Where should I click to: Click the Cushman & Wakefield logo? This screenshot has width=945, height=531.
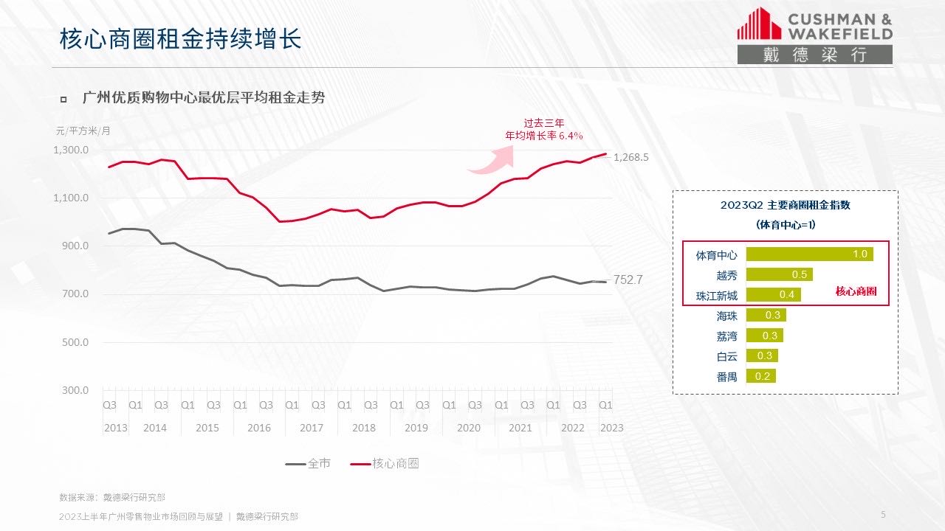click(x=814, y=35)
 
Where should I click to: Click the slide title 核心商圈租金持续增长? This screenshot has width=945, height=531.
click(x=180, y=39)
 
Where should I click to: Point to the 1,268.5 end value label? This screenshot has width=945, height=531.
click(x=630, y=157)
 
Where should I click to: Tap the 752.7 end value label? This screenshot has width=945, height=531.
click(x=628, y=280)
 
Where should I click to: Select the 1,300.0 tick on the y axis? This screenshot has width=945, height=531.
click(x=71, y=150)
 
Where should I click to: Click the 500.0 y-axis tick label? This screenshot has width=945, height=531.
click(x=75, y=342)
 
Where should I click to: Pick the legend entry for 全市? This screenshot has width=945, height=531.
click(x=308, y=464)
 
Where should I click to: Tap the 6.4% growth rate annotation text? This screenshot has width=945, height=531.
click(x=544, y=136)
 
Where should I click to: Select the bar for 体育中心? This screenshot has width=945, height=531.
click(x=809, y=254)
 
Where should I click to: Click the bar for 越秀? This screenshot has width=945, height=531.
click(x=779, y=274)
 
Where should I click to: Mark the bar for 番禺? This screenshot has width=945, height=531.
click(x=760, y=376)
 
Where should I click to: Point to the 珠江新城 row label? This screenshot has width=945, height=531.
click(x=716, y=296)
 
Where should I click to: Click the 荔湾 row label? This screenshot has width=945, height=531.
click(x=726, y=336)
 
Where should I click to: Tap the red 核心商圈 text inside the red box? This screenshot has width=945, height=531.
click(x=856, y=291)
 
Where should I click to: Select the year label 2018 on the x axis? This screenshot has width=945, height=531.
click(x=364, y=428)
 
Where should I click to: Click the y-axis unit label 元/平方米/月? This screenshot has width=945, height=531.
click(x=83, y=131)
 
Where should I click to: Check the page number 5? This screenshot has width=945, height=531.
click(x=883, y=514)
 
